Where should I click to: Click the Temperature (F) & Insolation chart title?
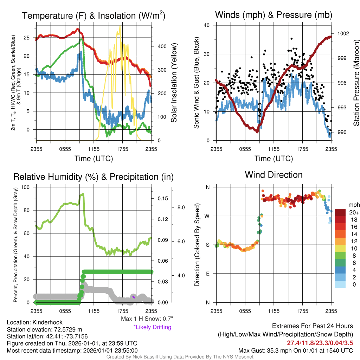pyautogui.click(x=94, y=15)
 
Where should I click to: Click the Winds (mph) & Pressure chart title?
pyautogui.click(x=274, y=15)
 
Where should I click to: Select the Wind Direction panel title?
pyautogui.click(x=274, y=175)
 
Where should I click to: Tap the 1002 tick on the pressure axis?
pyautogui.click(x=343, y=33)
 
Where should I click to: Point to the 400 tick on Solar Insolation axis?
pyautogui.click(x=162, y=46)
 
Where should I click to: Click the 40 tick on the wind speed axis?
pyautogui.click(x=207, y=25)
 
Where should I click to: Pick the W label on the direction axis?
pyautogui.click(x=207, y=216)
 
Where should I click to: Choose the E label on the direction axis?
pyautogui.click(x=207, y=274)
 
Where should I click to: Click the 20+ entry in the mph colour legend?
pyautogui.click(x=354, y=212)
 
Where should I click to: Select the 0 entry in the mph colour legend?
pyautogui.click(x=354, y=284)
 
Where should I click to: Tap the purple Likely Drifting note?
pyautogui.click(x=153, y=327)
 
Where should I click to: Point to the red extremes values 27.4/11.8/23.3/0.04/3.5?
pyautogui.click(x=320, y=343)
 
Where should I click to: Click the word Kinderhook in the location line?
pyautogui.click(x=47, y=322)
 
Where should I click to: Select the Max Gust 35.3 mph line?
pyautogui.click(x=295, y=351)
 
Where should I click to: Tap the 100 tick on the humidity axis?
pyautogui.click(x=25, y=187)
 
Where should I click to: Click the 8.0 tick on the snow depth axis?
pyautogui.click(x=181, y=207)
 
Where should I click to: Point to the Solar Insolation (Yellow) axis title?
pyautogui.click(x=174, y=83)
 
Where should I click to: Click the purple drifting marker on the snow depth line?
pyautogui.click(x=134, y=297)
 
